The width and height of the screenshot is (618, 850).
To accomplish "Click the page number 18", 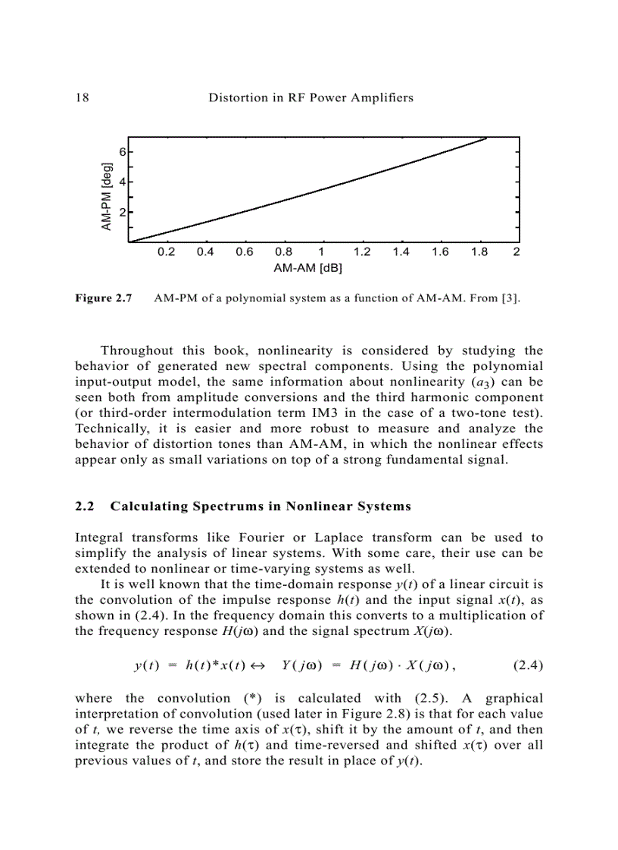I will point(82,98).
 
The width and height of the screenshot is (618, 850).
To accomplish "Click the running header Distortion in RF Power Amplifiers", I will point(311,98).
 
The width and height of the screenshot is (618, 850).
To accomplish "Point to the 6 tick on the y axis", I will point(121,151).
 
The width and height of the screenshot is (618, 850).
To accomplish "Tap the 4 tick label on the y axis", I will point(121,182).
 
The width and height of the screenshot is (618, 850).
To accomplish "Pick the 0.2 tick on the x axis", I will point(166,253).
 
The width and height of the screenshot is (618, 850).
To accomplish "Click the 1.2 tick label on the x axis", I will point(362,253).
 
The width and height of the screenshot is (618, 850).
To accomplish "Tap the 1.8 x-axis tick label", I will point(479,253).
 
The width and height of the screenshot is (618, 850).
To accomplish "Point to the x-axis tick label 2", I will point(517,253).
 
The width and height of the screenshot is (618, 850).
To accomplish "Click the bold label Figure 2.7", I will point(104,298).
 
